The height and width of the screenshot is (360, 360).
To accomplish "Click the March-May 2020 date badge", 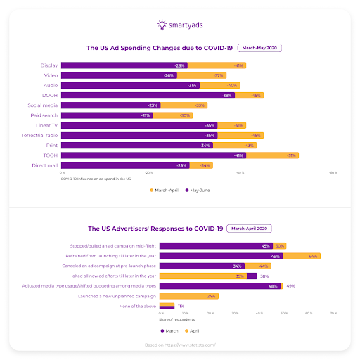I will (x=261, y=49).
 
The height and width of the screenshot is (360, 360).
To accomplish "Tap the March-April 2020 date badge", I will (x=250, y=229).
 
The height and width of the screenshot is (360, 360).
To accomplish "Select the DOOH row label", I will (x=49, y=95).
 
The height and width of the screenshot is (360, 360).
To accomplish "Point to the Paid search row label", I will (x=44, y=115).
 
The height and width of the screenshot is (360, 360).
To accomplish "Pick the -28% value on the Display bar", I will (x=181, y=65).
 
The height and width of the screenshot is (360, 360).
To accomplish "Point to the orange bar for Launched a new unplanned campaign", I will (x=188, y=296).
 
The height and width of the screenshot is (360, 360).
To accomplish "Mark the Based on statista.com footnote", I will (x=180, y=345).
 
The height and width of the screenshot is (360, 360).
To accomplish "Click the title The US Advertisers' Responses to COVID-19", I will (x=155, y=229).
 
